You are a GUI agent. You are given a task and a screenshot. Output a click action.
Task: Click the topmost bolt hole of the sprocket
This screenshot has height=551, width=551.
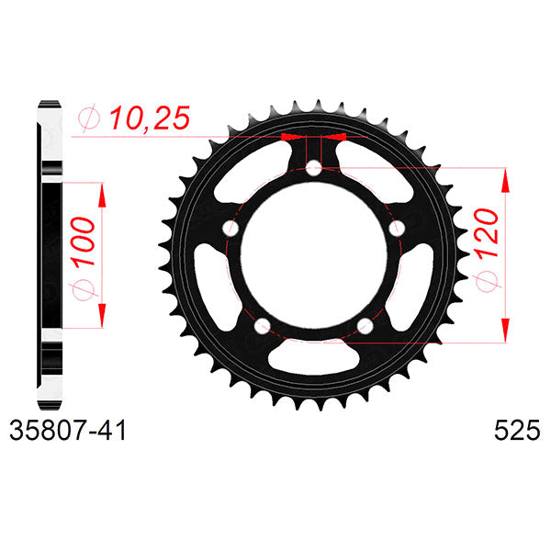[x=313, y=168]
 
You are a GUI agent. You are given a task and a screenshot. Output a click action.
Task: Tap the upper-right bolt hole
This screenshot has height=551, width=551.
[x=397, y=227]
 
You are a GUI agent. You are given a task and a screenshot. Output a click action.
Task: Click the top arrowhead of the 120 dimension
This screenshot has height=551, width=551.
[x=505, y=180]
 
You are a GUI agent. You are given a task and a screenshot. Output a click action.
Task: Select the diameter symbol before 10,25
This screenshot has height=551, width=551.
[x=89, y=118]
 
